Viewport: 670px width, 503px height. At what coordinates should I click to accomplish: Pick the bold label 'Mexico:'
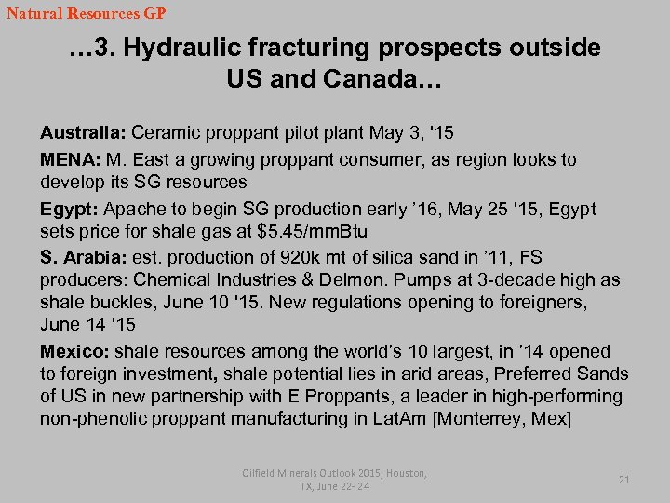[x=74, y=352]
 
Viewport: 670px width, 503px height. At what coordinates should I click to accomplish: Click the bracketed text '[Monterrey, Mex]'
[x=502, y=419]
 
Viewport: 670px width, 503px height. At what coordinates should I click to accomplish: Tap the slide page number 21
[x=624, y=480]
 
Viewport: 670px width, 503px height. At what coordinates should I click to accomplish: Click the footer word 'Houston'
[x=403, y=473]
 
